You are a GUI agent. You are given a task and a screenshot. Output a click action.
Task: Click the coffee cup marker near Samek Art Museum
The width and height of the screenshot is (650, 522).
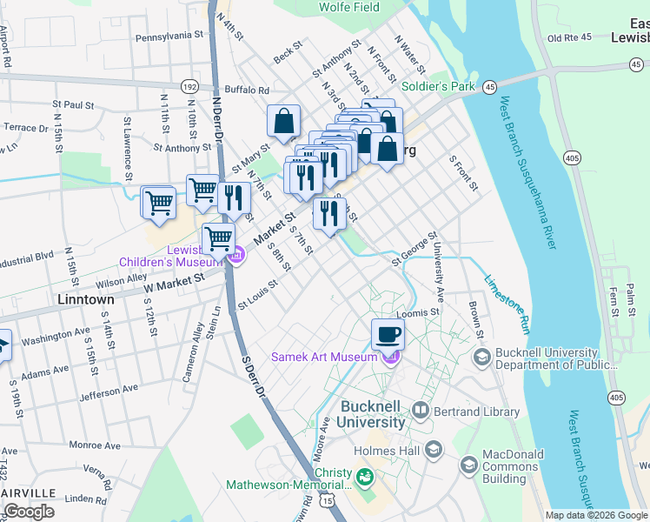(x=388, y=333)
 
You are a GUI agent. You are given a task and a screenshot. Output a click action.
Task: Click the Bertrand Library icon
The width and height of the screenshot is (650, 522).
(x=421, y=408)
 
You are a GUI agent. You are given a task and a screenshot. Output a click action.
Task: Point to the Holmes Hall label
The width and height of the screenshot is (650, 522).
(x=387, y=451)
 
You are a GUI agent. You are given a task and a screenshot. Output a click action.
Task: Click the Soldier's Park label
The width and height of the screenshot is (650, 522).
(x=438, y=87)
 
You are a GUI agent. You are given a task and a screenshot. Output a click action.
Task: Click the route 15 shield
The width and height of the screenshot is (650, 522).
(x=327, y=500)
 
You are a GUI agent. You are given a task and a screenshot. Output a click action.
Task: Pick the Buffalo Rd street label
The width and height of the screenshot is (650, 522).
(x=246, y=90)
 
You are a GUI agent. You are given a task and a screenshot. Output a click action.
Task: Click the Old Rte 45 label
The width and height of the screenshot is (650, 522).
(x=569, y=37)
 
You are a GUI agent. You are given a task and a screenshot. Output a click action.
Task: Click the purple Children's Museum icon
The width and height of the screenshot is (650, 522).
(x=236, y=255)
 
